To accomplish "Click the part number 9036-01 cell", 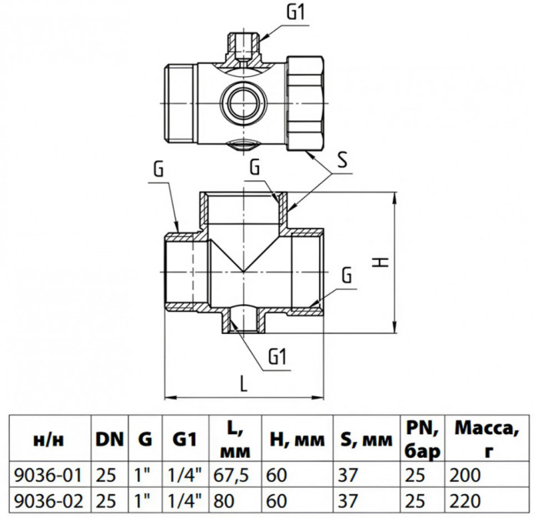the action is click(48, 476).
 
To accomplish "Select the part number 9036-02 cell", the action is click(48, 501).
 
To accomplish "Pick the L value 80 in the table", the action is click(224, 501).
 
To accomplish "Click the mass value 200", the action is click(465, 476).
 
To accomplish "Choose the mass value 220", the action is click(465, 501).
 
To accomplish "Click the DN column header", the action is click(110, 439).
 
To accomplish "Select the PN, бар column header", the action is click(422, 440).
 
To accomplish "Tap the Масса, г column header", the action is click(487, 440).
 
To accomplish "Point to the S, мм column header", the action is click(366, 440).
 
